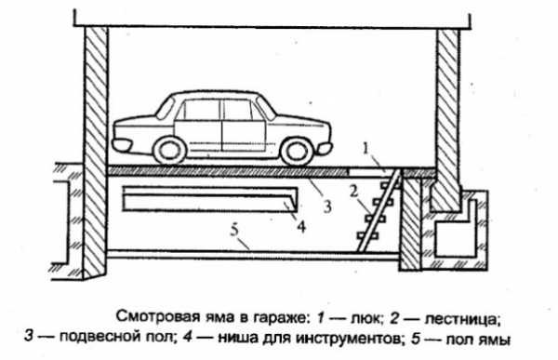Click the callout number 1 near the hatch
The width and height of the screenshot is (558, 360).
point(365,149)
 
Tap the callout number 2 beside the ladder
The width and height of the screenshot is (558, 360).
point(353,192)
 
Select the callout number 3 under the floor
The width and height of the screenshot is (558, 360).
point(327,207)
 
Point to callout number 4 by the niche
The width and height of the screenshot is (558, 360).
point(301,226)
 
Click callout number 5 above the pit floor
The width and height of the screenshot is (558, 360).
point(234,230)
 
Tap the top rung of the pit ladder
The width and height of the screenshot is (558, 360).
point(390,185)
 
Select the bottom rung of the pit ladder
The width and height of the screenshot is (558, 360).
point(368,235)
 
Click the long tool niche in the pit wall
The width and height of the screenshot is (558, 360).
point(210,199)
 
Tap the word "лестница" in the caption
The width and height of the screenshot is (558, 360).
point(462,319)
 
